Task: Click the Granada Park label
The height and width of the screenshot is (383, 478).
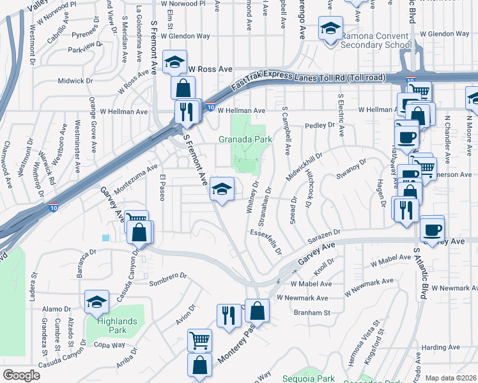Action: pyautogui.click(x=245, y=139)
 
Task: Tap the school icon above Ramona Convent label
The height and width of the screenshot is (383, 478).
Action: pyautogui.click(x=330, y=29)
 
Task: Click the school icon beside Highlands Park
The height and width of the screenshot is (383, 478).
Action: pyautogui.click(x=96, y=302)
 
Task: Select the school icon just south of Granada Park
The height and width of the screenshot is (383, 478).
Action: pyautogui.click(x=222, y=189)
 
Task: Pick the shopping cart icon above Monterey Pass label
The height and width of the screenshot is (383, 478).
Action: pyautogui.click(x=199, y=340)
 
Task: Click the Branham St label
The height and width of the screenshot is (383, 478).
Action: pyautogui.click(x=311, y=313)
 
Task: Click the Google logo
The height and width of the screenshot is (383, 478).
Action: pyautogui.click(x=21, y=375)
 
